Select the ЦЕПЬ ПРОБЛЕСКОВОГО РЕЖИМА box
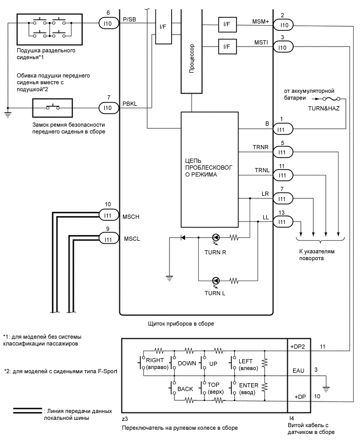[209, 167]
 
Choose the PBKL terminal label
[129, 104]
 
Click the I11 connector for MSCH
[108, 215]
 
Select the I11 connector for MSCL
[108, 239]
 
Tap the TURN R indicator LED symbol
[216, 237]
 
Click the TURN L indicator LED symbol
[216, 280]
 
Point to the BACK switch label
[186, 389]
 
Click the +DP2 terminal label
[297, 347]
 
